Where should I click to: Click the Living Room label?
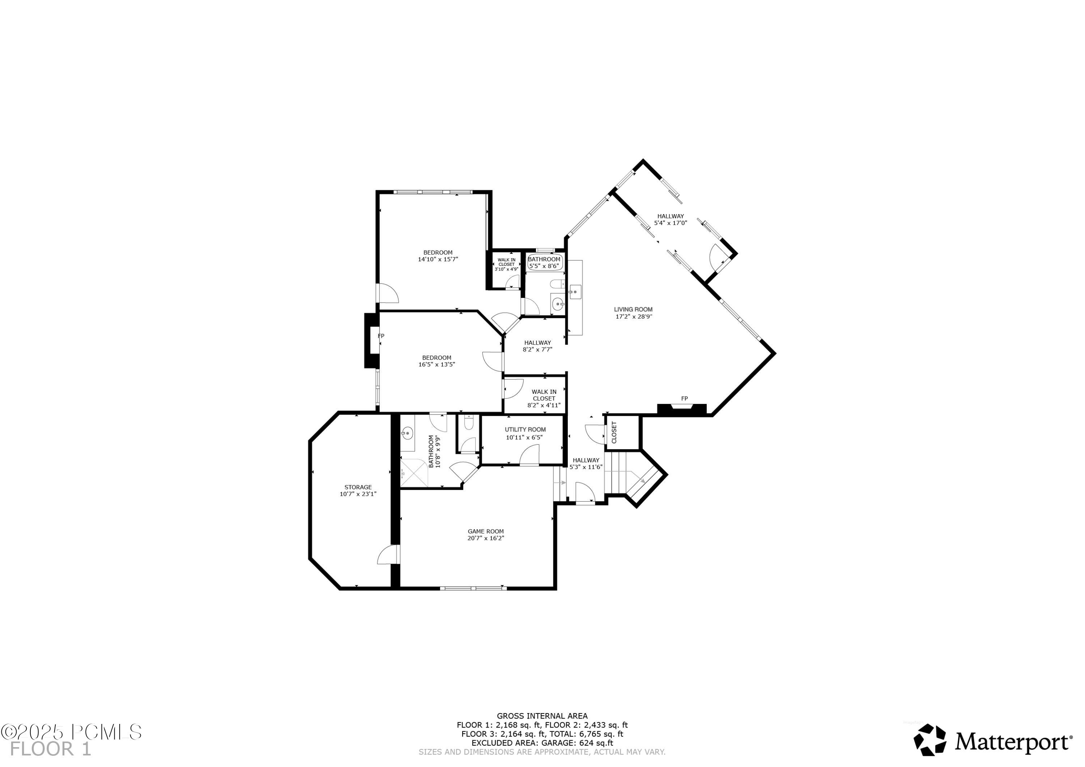(633, 310)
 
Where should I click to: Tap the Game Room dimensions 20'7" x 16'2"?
(486, 538)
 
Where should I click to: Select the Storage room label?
(358, 487)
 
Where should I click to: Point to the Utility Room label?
(525, 430)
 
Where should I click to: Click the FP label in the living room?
(684, 399)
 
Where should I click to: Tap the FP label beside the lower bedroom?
(381, 336)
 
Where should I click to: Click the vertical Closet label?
(614, 432)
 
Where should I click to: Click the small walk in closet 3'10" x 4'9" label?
(506, 264)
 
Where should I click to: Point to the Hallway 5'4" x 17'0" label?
(670, 219)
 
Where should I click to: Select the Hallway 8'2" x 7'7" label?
(537, 346)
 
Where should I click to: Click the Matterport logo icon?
(929, 740)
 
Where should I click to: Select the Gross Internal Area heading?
(542, 716)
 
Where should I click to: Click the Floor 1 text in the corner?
(51, 749)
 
